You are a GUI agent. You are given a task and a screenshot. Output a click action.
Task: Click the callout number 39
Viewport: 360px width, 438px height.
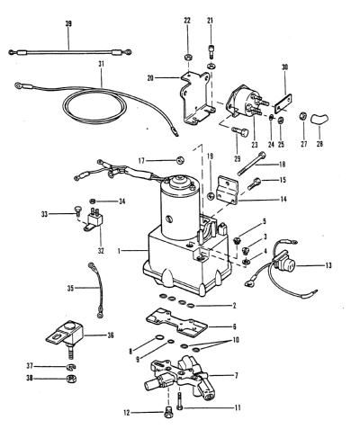click(68, 23)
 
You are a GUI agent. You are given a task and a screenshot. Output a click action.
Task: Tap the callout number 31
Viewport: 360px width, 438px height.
click(101, 64)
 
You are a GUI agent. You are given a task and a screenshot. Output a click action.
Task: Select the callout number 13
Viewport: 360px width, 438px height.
click(328, 265)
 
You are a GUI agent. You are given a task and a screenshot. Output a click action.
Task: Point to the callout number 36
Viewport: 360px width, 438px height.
click(111, 335)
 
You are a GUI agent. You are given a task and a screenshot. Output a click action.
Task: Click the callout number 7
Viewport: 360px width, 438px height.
click(237, 375)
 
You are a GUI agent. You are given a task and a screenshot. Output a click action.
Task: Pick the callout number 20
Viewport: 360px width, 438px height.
click(150, 78)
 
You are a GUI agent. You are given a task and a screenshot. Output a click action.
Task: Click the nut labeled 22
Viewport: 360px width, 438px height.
click(188, 57)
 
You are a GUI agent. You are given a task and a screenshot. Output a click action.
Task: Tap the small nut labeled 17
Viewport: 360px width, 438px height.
click(180, 161)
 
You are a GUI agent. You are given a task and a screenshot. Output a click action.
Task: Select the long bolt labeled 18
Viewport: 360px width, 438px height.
click(252, 165)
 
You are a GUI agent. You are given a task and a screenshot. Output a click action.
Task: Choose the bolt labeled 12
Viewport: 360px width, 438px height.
click(168, 414)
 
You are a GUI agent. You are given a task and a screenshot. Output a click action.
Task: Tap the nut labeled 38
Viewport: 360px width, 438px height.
click(71, 379)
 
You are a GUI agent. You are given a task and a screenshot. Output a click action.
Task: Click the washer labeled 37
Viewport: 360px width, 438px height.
click(71, 367)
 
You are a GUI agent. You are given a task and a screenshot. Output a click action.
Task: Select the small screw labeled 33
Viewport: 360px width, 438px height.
click(77, 210)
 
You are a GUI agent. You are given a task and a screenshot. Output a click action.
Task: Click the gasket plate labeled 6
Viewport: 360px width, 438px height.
click(176, 323)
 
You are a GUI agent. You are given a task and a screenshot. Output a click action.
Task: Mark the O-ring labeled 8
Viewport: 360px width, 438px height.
click(158, 338)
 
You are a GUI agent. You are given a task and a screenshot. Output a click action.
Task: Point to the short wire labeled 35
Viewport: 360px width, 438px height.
click(96, 290)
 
